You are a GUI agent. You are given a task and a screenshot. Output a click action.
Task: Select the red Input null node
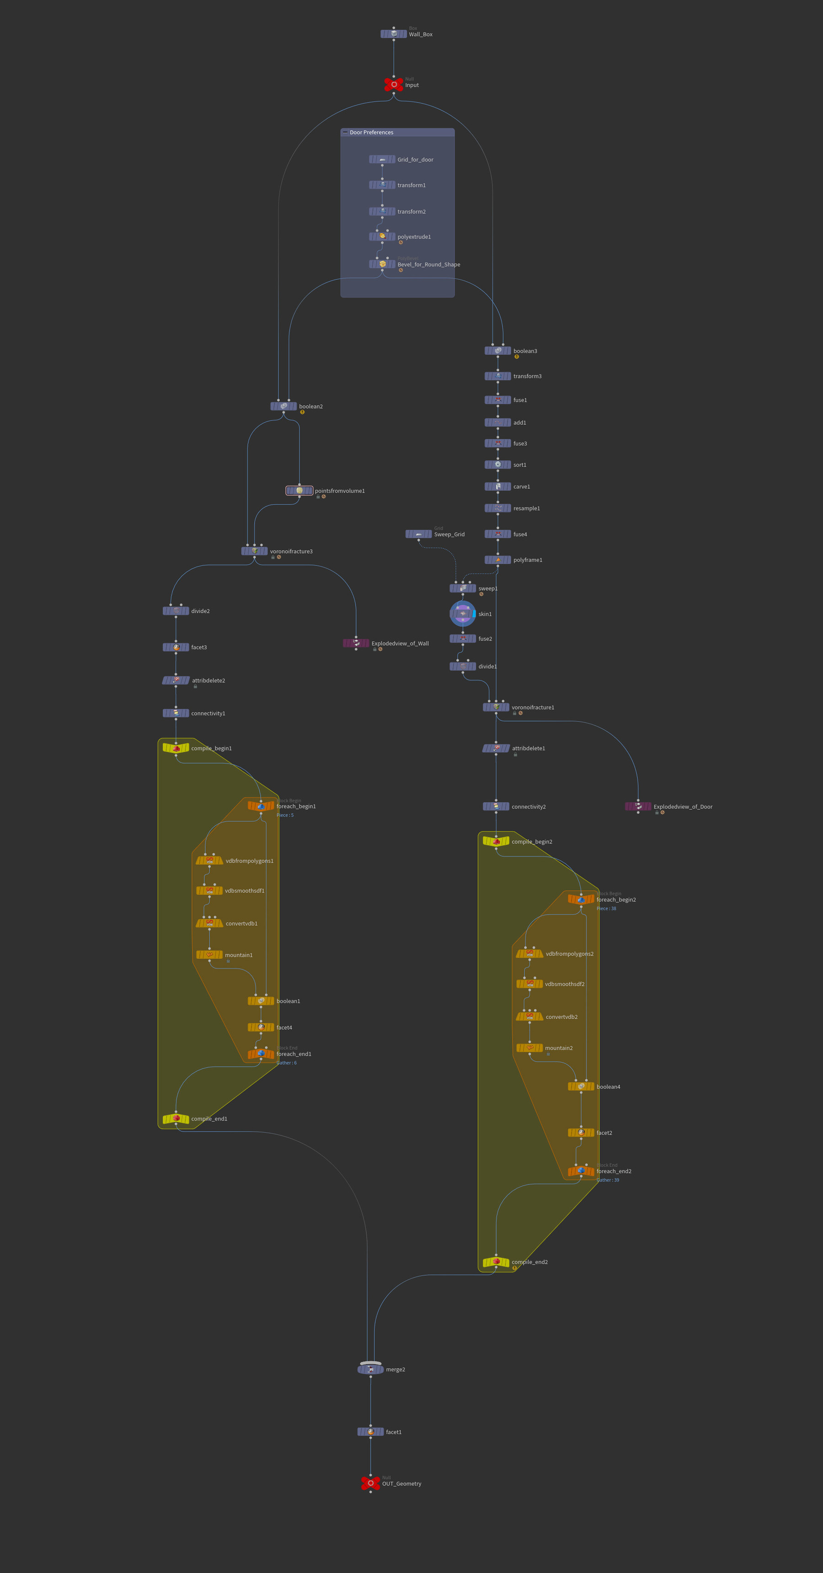pos(394,84)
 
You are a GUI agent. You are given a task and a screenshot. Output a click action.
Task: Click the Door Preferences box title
pos(371,133)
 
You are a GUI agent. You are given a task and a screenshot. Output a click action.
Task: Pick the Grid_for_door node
pos(382,160)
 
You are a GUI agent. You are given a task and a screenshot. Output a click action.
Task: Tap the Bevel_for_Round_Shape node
pos(382,264)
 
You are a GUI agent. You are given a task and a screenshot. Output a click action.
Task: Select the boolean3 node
pos(497,351)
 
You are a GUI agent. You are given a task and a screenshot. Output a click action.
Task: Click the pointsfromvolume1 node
pos(299,490)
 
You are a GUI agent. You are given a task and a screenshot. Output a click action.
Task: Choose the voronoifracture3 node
pos(255,551)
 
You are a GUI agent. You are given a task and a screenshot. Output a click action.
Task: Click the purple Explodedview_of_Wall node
pos(356,643)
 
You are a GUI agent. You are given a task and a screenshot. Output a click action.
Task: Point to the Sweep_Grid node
pos(418,534)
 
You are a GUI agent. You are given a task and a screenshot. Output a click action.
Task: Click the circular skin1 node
pos(463,614)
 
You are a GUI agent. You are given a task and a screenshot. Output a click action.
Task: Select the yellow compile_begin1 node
pos(176,748)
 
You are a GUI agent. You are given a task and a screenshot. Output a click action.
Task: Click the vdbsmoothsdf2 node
pos(529,984)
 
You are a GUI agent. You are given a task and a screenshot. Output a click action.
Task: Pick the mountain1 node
pos(209,954)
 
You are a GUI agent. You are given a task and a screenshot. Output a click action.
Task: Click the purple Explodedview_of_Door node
pos(638,807)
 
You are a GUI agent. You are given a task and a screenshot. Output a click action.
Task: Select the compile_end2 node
pos(496,1262)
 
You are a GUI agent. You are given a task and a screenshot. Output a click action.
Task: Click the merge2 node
pos(371,1369)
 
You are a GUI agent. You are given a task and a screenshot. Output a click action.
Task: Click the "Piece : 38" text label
pos(606,909)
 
